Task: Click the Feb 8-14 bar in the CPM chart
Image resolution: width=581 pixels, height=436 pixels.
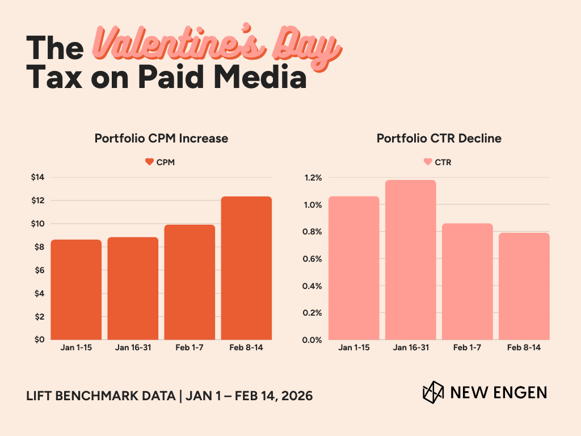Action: [x=246, y=268]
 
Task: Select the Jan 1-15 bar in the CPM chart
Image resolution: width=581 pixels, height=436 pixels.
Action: [x=76, y=290]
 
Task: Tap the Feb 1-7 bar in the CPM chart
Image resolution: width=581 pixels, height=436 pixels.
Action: [x=190, y=282]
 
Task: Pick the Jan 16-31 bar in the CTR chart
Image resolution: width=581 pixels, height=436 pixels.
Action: [x=411, y=260]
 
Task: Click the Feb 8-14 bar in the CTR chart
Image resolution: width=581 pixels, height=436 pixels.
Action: [x=524, y=286]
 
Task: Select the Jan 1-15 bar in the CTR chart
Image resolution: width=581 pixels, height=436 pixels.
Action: [x=354, y=268]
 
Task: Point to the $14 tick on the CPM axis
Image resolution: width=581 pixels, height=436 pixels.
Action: [x=37, y=178]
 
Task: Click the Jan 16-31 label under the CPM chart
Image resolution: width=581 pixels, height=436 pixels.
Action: [x=133, y=347]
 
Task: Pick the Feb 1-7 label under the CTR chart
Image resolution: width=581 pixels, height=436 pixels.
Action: [x=468, y=347]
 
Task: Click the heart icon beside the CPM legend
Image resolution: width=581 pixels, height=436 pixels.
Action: [x=149, y=162]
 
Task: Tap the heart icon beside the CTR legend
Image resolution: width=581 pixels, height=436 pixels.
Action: [x=427, y=162]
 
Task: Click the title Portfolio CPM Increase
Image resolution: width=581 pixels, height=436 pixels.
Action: [x=161, y=139]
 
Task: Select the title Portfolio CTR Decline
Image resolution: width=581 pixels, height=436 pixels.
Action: [x=439, y=139]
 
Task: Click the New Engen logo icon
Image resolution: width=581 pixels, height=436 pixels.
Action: [x=433, y=392]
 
